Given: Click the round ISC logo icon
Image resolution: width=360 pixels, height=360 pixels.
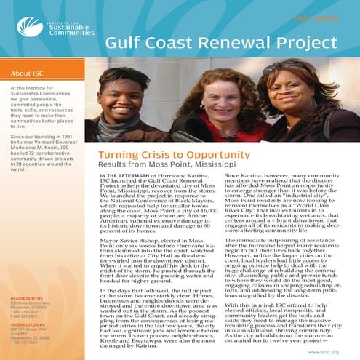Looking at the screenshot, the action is click(x=27, y=27).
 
